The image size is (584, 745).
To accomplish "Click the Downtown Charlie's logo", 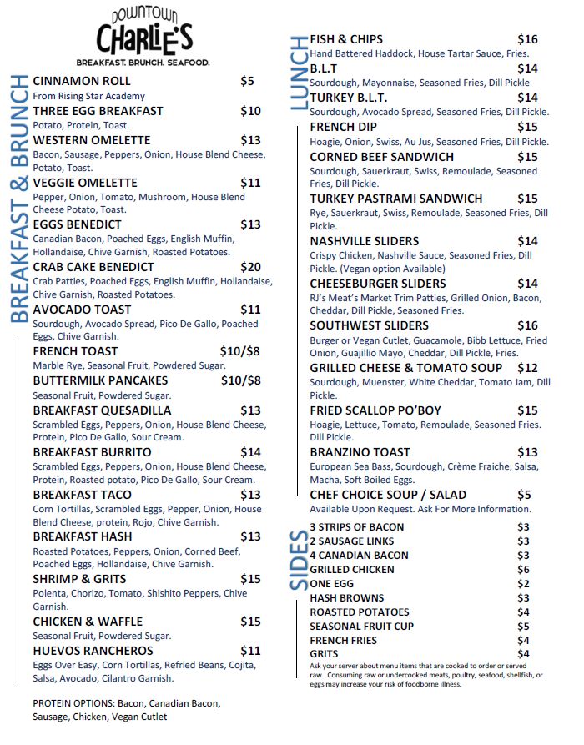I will pos(143,32).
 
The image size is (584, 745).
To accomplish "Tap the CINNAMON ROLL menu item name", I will pos(82,81).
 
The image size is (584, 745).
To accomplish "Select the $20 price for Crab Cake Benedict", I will pos(250,267).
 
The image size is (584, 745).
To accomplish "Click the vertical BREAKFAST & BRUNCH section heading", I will pos(18,199).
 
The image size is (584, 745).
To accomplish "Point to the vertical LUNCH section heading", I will pos(298,75).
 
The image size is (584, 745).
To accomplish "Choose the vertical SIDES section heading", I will pos(298,560).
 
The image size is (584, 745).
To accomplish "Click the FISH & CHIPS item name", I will pos(346,39).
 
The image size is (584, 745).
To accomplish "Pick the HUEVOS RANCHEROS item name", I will pos(93,651).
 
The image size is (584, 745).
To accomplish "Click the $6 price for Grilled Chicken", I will pos(523,570).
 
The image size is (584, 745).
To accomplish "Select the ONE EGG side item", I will pos(332,584).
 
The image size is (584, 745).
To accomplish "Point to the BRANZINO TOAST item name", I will pos(360,452).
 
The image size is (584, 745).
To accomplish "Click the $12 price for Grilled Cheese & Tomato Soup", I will pos(527,368).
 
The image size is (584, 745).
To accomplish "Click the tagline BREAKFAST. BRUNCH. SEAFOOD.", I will pos(143,63).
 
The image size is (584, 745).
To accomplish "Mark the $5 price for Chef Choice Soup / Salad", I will pos(524,495).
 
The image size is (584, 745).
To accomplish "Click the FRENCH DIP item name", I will pos(343,127).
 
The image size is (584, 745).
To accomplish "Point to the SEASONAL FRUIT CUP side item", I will pos(361,627).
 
